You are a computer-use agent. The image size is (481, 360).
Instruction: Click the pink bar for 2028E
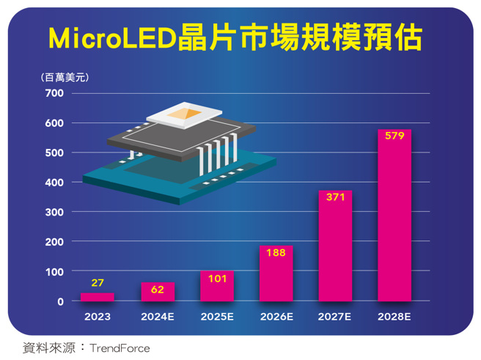(394, 220)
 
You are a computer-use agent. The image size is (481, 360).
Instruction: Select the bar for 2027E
(334, 249)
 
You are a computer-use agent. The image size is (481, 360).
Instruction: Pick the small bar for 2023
(98, 297)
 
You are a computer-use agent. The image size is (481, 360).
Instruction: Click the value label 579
(394, 137)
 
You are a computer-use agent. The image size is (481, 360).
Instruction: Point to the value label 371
(334, 198)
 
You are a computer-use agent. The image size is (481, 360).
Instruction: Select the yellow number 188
(276, 253)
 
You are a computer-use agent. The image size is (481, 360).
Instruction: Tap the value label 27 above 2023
(98, 283)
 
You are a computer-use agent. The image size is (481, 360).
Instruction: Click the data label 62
(157, 290)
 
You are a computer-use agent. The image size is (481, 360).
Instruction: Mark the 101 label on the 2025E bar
(216, 279)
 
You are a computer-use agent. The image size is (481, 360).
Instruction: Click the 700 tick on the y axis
(56, 93)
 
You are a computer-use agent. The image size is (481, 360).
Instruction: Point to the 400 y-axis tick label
(56, 183)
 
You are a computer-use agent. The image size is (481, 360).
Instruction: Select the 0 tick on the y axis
(60, 301)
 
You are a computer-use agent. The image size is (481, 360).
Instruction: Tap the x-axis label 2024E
(157, 317)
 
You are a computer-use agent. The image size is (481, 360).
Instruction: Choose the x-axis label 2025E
(216, 317)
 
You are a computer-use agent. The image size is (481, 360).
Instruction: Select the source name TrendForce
(120, 348)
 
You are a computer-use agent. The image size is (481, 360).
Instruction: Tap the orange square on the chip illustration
(183, 113)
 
